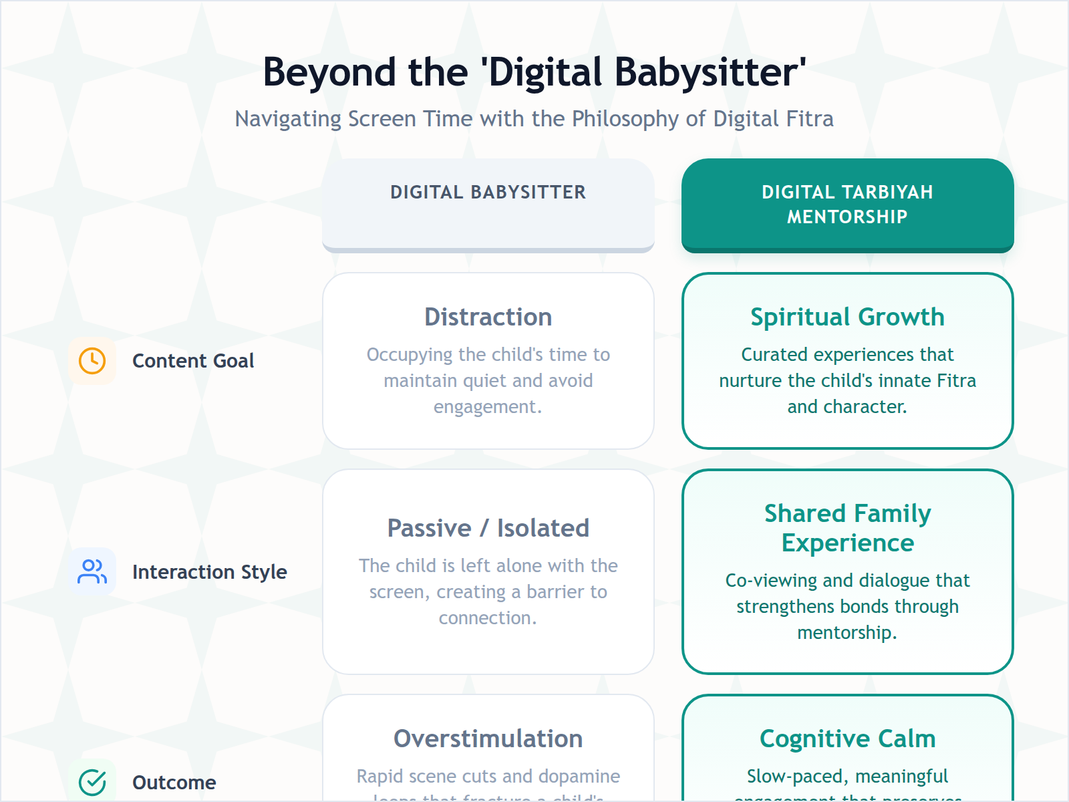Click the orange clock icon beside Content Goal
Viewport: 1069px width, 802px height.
(x=92, y=361)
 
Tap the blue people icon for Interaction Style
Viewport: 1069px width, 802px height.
(x=92, y=571)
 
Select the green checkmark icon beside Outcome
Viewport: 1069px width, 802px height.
(x=92, y=782)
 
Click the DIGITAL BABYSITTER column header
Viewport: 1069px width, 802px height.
(x=488, y=192)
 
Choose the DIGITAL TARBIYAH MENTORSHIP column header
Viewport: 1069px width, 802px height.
(x=847, y=205)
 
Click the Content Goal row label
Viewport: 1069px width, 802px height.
(x=193, y=361)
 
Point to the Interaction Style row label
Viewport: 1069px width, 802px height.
(x=209, y=572)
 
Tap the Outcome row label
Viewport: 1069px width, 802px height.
(x=174, y=783)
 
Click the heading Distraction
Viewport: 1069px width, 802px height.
(x=488, y=317)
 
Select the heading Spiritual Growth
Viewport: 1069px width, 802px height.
(x=847, y=317)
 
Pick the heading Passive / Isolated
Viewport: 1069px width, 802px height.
(x=488, y=528)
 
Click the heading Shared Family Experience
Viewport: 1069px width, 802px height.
(x=847, y=528)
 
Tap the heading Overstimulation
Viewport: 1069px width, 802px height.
(x=488, y=739)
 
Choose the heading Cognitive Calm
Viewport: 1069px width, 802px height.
(x=847, y=739)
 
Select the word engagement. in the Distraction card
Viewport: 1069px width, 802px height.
(x=488, y=407)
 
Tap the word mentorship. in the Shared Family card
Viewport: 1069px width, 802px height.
(x=847, y=633)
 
